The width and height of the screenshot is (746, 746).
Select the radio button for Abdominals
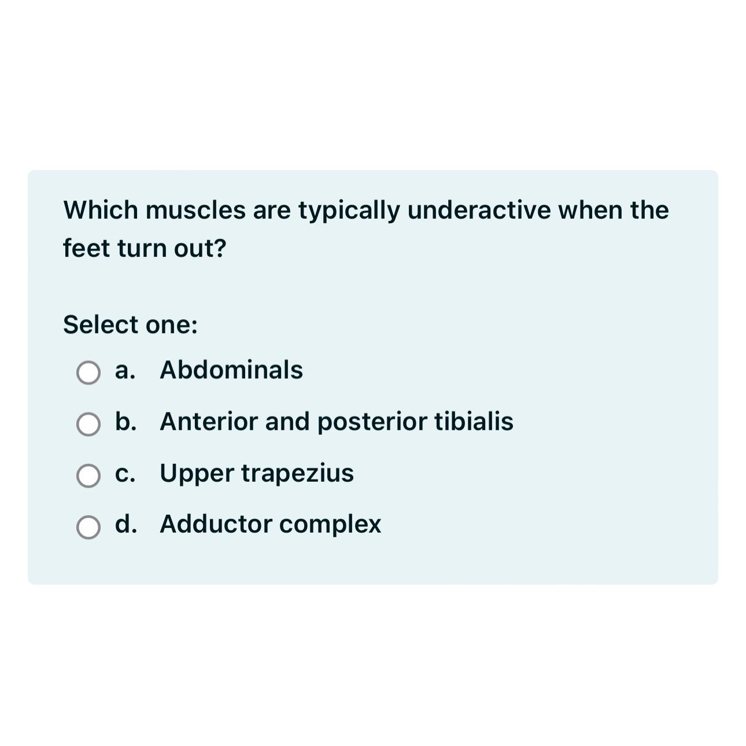(x=88, y=373)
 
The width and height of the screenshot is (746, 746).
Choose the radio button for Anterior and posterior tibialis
(x=88, y=424)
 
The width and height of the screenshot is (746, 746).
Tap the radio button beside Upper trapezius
(x=88, y=476)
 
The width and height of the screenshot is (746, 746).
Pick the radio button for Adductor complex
(x=88, y=527)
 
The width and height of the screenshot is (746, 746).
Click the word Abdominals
(x=231, y=370)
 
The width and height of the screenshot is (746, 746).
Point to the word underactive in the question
(x=479, y=210)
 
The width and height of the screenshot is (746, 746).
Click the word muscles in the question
(x=195, y=210)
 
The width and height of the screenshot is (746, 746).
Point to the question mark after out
(x=220, y=249)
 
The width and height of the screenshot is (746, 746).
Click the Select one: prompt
(x=130, y=325)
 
